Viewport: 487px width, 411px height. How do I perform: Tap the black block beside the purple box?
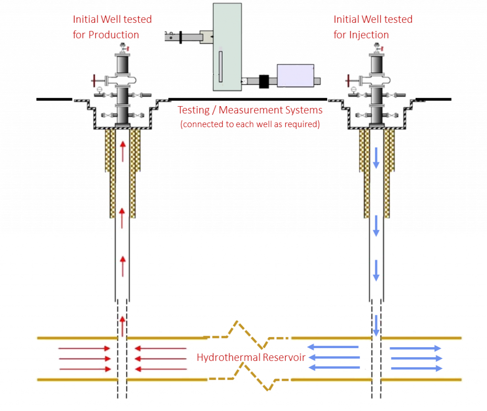(x=263, y=81)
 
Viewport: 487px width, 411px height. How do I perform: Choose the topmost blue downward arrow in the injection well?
(x=376, y=158)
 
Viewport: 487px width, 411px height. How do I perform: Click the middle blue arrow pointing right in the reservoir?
(x=416, y=358)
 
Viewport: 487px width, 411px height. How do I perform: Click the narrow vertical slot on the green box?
(x=220, y=65)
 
